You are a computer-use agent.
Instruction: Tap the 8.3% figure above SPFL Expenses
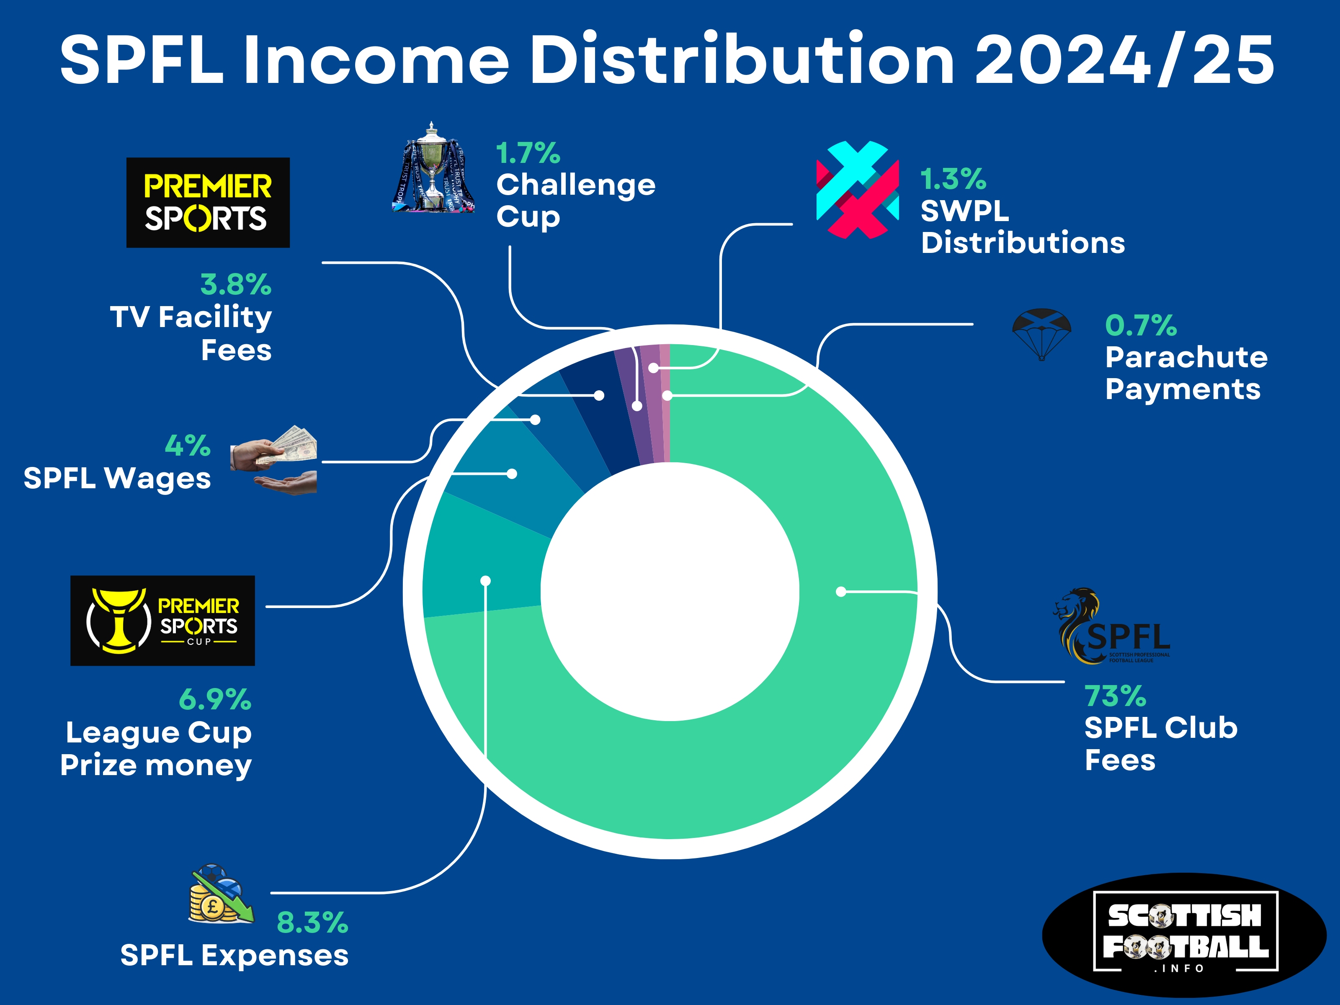(x=312, y=923)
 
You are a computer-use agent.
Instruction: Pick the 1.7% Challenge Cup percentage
(x=528, y=153)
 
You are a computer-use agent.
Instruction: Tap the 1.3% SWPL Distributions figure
(x=953, y=179)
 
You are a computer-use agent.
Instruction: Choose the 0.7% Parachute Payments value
(x=1141, y=325)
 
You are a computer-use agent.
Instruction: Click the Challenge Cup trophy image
(x=432, y=168)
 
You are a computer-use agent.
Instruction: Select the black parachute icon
(x=1041, y=334)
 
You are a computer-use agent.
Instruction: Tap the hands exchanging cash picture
(x=274, y=460)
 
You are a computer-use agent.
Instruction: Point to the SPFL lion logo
(x=1112, y=626)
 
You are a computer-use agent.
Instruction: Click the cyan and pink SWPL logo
(x=857, y=190)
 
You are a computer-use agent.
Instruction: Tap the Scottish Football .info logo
(x=1184, y=935)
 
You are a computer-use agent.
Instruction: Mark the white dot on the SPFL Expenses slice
(x=485, y=581)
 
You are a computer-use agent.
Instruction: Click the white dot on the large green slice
(x=841, y=591)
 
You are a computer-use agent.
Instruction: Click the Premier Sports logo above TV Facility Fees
(x=208, y=202)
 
